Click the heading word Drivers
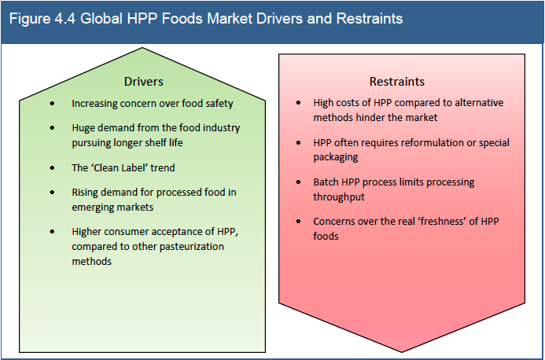[x=144, y=82]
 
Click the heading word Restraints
[x=397, y=82]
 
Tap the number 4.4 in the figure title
[x=65, y=18]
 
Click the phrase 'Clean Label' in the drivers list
[x=127, y=168]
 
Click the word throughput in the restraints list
[x=339, y=197]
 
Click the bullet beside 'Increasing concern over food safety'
[x=53, y=104]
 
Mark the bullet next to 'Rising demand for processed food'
[x=53, y=192]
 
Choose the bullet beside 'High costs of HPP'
[x=299, y=103]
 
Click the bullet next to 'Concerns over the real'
[x=299, y=222]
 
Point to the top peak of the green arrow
[x=142, y=48]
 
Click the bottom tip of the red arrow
[x=402, y=352]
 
